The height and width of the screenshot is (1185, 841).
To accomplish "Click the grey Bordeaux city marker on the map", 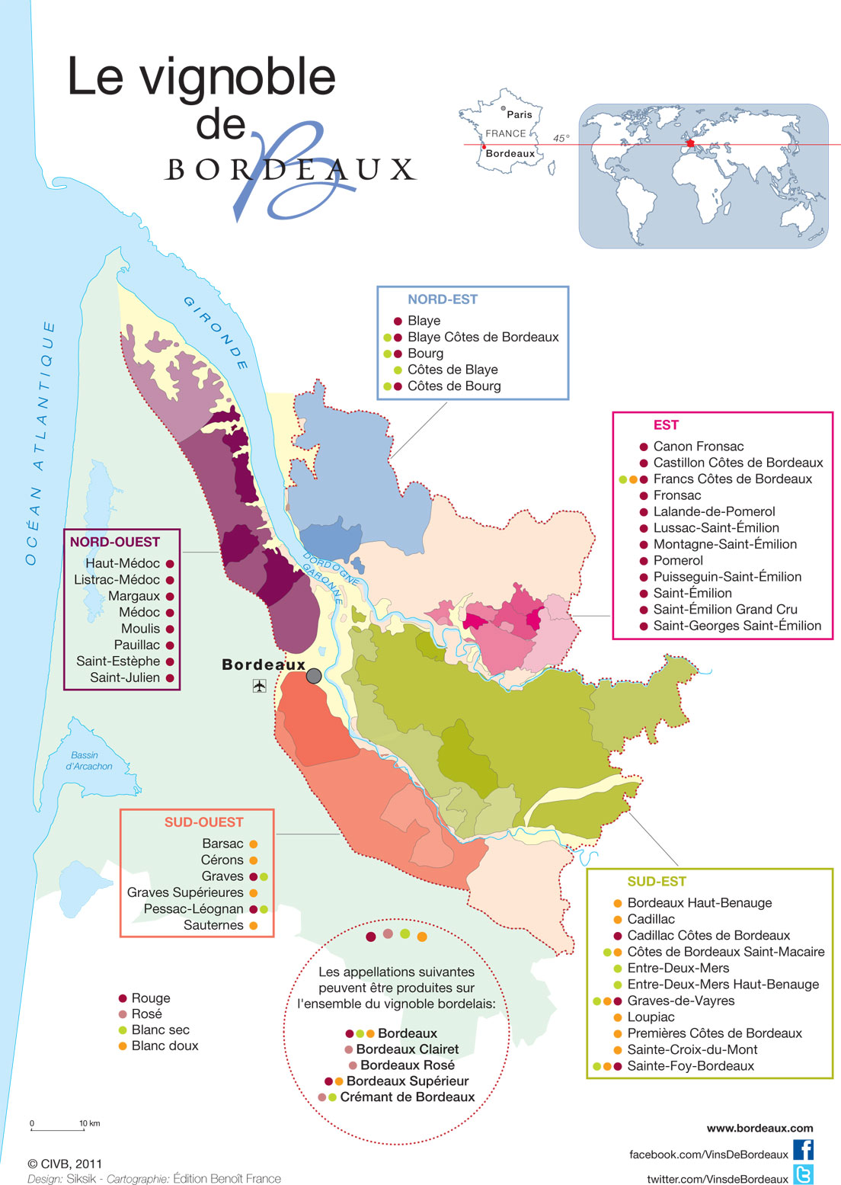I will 314,675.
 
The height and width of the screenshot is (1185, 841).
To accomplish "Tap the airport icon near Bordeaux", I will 259,686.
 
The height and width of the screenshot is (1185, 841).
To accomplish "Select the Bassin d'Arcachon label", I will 88,761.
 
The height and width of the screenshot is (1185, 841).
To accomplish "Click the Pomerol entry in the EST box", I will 677,560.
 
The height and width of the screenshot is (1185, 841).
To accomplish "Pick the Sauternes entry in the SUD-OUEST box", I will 213,925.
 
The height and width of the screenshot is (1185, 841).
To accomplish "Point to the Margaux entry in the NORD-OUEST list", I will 134,596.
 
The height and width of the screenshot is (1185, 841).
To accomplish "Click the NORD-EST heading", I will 443,299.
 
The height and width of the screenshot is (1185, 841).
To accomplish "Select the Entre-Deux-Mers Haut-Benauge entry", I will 722,984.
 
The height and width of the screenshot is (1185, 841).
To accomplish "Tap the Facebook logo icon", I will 803,1150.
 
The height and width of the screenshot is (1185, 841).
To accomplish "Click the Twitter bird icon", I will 803,1174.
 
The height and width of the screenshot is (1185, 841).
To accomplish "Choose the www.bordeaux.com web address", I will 759,1128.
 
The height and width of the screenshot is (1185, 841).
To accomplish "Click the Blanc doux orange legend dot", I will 123,1046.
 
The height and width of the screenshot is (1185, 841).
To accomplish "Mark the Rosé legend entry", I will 146,1014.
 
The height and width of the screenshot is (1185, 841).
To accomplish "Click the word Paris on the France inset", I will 519,114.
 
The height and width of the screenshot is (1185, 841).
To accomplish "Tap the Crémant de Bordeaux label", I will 407,1097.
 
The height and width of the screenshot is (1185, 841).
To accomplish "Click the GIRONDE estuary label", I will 216,333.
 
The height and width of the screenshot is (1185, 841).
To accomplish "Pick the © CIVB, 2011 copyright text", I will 65,1164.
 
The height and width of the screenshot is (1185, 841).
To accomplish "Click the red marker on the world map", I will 691,143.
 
